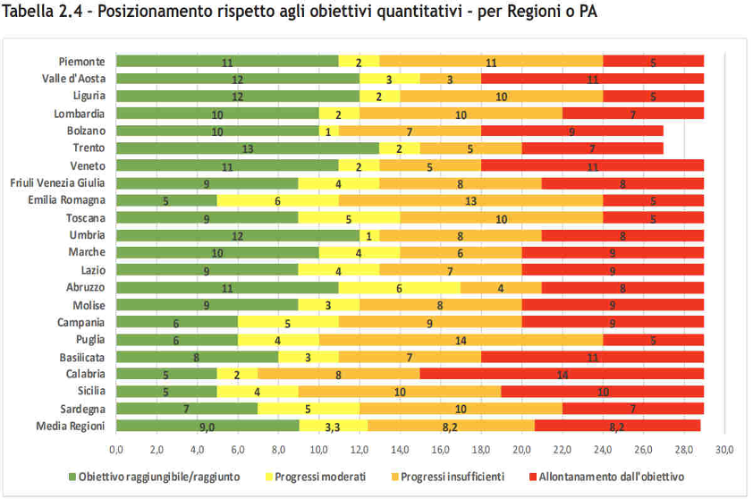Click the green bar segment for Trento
click(248, 148)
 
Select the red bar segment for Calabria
click(562, 374)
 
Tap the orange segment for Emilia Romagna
click(470, 200)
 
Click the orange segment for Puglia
click(461, 339)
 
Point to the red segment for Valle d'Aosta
click(593, 79)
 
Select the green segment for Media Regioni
click(207, 427)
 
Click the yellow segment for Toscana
click(349, 217)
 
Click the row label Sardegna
click(82, 409)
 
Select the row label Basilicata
click(82, 357)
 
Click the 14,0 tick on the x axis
click(400, 448)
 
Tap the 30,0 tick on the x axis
click(724, 448)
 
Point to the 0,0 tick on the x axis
click(116, 448)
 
